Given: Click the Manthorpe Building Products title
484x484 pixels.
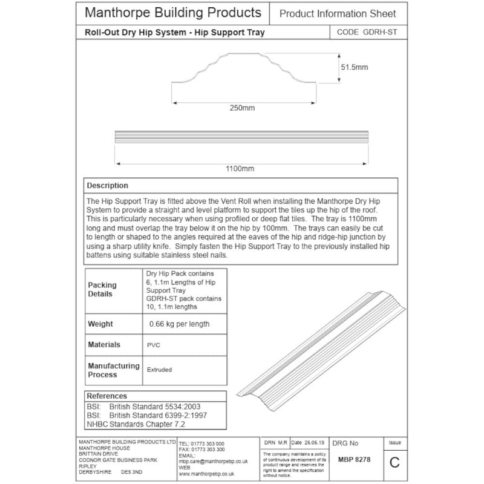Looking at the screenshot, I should click(173, 13).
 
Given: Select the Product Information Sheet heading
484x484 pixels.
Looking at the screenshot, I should click(338, 13).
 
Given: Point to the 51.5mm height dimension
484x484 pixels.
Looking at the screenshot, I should click(353, 67).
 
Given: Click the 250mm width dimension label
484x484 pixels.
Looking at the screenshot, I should click(241, 108).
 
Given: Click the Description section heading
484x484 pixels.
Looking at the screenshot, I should click(107, 185).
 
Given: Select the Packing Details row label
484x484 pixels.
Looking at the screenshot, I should click(102, 289).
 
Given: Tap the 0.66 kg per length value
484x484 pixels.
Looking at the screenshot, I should click(180, 324).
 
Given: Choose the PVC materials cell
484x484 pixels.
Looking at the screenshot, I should click(153, 345).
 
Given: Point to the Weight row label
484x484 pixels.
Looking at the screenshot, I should click(100, 324).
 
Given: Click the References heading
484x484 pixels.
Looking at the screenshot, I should click(107, 396).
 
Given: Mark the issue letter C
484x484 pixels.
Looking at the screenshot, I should click(394, 462).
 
